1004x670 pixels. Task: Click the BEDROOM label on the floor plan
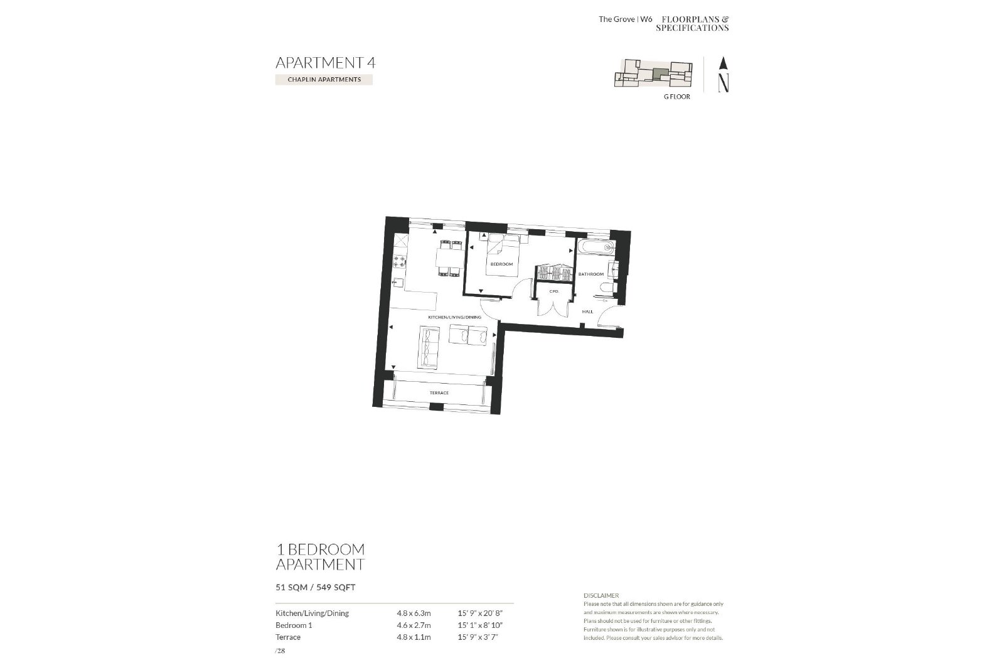(501, 264)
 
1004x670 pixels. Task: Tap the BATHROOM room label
(590, 274)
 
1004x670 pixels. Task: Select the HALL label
(587, 311)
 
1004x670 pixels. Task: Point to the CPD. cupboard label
(554, 291)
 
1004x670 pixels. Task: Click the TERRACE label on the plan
(439, 393)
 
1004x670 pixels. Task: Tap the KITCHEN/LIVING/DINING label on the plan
(454, 317)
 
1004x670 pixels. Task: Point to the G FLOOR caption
(677, 97)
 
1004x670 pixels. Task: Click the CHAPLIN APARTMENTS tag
(324, 79)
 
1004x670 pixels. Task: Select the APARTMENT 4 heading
(326, 63)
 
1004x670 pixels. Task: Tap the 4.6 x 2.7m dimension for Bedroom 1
(414, 625)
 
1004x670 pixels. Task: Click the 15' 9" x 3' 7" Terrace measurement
(478, 637)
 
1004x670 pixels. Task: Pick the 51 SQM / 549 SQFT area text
(316, 588)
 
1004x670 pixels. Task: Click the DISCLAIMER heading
(601, 595)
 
